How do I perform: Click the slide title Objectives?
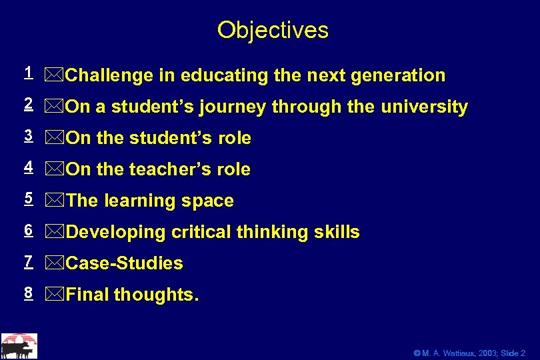click(273, 30)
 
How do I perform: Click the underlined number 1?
click(28, 72)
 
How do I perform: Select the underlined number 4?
click(28, 167)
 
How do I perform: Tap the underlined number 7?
click(28, 261)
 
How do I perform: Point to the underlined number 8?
click(28, 292)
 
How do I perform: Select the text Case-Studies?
click(125, 264)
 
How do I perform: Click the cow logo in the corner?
click(19, 345)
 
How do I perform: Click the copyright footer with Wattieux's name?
click(469, 353)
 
